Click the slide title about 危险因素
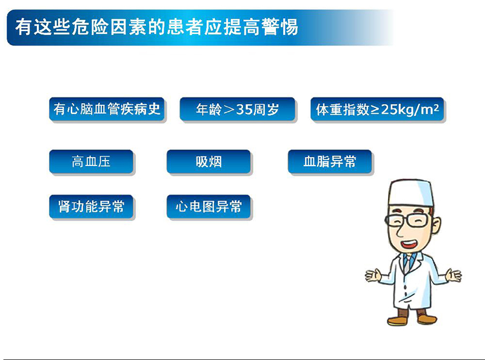(156, 27)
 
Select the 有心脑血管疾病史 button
(107, 110)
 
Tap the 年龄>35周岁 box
(238, 110)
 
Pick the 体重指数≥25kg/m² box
(378, 110)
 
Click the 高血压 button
(91, 162)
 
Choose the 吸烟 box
(209, 162)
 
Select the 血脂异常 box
(330, 162)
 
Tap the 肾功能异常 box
(91, 207)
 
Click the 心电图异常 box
(209, 207)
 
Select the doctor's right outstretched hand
(452, 276)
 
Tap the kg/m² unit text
(418, 110)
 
